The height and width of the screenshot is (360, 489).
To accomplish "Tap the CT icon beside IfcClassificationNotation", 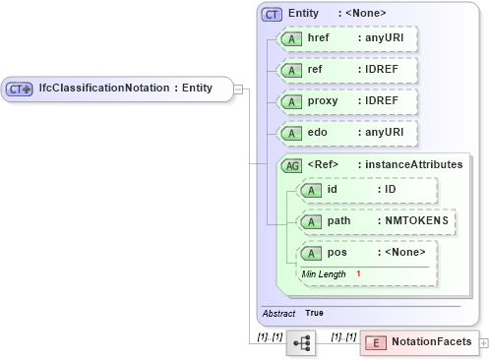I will coord(20,89).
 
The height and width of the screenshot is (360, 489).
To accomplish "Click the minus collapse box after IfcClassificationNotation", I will coord(239,89).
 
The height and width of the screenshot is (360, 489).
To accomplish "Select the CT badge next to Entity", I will coord(272,14).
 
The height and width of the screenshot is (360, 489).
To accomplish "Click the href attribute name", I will coord(319,38).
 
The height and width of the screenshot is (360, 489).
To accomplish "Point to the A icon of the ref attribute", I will coord(291,71).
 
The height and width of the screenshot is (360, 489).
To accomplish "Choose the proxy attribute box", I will coord(347,101).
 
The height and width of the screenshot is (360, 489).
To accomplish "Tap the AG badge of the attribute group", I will coord(291,164).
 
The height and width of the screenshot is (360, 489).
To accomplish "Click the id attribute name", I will coord(333,189).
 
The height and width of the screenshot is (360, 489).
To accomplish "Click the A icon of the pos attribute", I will coord(311,253).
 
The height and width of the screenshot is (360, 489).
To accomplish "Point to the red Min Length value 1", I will coord(358,273).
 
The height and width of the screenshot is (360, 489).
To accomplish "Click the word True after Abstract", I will coord(314,313).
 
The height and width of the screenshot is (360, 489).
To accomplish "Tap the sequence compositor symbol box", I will coord(301,342).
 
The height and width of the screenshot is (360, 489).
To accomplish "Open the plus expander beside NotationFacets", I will coord(483,342).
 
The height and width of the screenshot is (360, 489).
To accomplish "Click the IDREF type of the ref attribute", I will coord(379,70).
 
